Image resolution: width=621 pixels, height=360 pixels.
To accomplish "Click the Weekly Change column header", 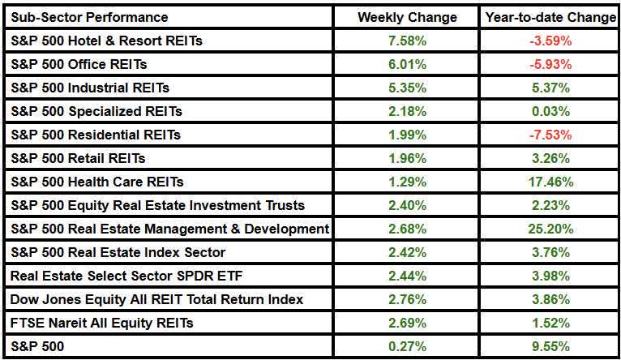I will coord(407,17).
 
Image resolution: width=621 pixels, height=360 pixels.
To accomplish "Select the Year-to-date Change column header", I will coord(550,17).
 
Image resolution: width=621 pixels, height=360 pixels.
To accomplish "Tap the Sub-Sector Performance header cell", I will coord(90,17).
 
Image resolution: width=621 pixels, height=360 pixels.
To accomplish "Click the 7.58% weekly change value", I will coord(407,41).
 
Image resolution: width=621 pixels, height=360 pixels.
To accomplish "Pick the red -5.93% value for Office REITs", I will coord(550,64).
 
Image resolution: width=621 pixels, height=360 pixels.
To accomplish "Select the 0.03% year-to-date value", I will coord(550,111).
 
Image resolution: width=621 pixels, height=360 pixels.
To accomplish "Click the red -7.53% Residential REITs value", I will coord(550,135).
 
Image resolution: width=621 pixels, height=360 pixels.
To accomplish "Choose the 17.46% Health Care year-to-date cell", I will coord(550,182).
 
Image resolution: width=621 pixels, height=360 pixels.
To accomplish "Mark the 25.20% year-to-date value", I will coord(550,229).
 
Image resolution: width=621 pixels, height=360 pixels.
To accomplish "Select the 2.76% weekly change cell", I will coord(407,300).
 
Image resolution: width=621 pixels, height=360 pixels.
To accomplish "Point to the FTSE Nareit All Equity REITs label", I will coord(102,324).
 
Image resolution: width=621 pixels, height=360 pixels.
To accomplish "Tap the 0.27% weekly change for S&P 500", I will coord(407,347).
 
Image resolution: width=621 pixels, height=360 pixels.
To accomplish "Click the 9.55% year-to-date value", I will coord(550,347).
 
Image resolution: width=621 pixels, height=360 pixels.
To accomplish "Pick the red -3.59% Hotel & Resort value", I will coord(550,41).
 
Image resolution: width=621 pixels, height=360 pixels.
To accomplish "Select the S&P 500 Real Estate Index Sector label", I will coord(118,253).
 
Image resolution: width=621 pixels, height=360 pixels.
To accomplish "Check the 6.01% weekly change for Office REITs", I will coord(407,64).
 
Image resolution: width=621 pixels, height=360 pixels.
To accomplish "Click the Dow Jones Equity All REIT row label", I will coord(156,300).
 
